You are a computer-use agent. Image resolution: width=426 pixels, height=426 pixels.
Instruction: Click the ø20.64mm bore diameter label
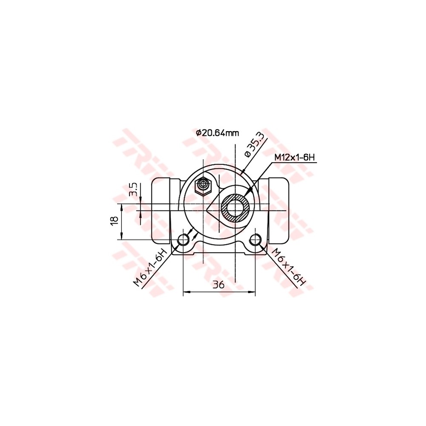[x=217, y=132]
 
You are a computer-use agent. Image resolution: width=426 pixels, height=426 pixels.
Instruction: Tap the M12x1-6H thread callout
[x=294, y=158]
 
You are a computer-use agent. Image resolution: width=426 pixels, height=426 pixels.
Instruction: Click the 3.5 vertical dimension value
[x=133, y=189]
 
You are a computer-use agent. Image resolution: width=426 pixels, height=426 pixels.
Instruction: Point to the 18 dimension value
[x=114, y=221]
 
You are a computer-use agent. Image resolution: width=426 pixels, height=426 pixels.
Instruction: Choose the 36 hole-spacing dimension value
[x=219, y=285]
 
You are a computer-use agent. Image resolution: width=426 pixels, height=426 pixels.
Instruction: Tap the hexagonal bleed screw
[x=203, y=185]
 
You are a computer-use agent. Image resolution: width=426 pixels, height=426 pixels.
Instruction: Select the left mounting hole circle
[x=183, y=239]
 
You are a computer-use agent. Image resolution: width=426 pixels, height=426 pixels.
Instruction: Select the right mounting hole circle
[x=255, y=239]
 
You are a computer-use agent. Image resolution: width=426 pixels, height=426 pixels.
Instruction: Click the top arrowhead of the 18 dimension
[x=122, y=206]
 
